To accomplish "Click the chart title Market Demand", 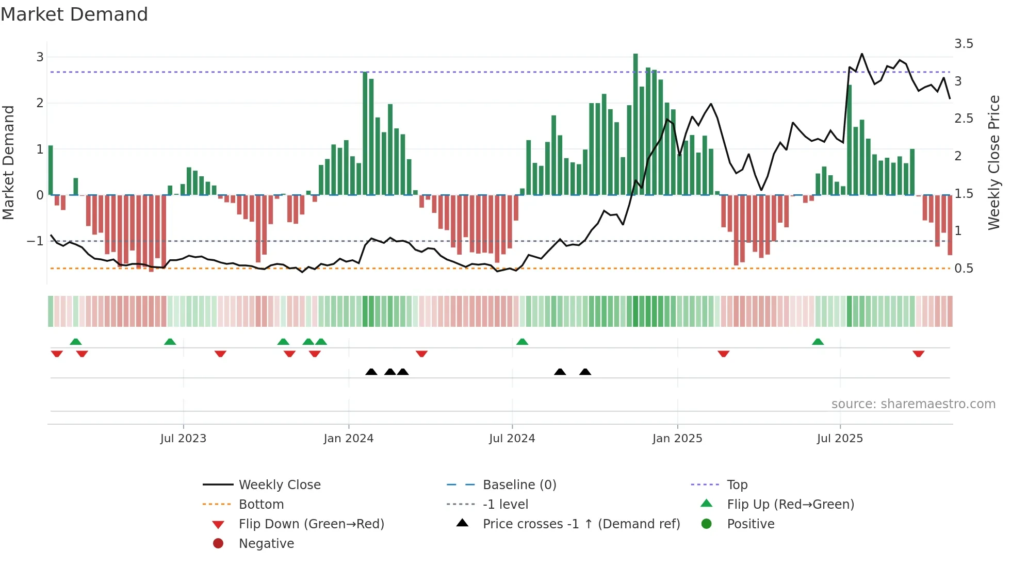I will pos(74,14).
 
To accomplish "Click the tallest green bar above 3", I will pos(635,124).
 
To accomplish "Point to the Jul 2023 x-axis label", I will pos(183,439).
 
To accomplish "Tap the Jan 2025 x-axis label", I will pos(677,439).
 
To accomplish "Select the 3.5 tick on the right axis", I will pos(964,44).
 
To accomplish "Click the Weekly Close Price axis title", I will pos(993,162).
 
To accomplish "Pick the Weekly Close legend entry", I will pos(279,485).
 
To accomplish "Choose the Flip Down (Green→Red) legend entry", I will pos(311,524).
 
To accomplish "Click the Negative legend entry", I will pos(266,544).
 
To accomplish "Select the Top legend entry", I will pos(737,485).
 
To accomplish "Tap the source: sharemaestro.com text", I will pos(913,404).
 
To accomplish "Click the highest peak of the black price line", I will pos(861,54).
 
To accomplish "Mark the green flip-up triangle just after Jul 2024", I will pos(522,342).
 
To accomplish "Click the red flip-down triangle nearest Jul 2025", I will pos(918,354).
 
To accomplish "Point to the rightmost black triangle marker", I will pos(585,372).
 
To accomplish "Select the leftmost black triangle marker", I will pos(371,372).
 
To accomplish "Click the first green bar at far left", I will pos(51,170).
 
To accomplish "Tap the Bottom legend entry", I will pos(261,505).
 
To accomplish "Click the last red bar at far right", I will pos(950,225).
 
